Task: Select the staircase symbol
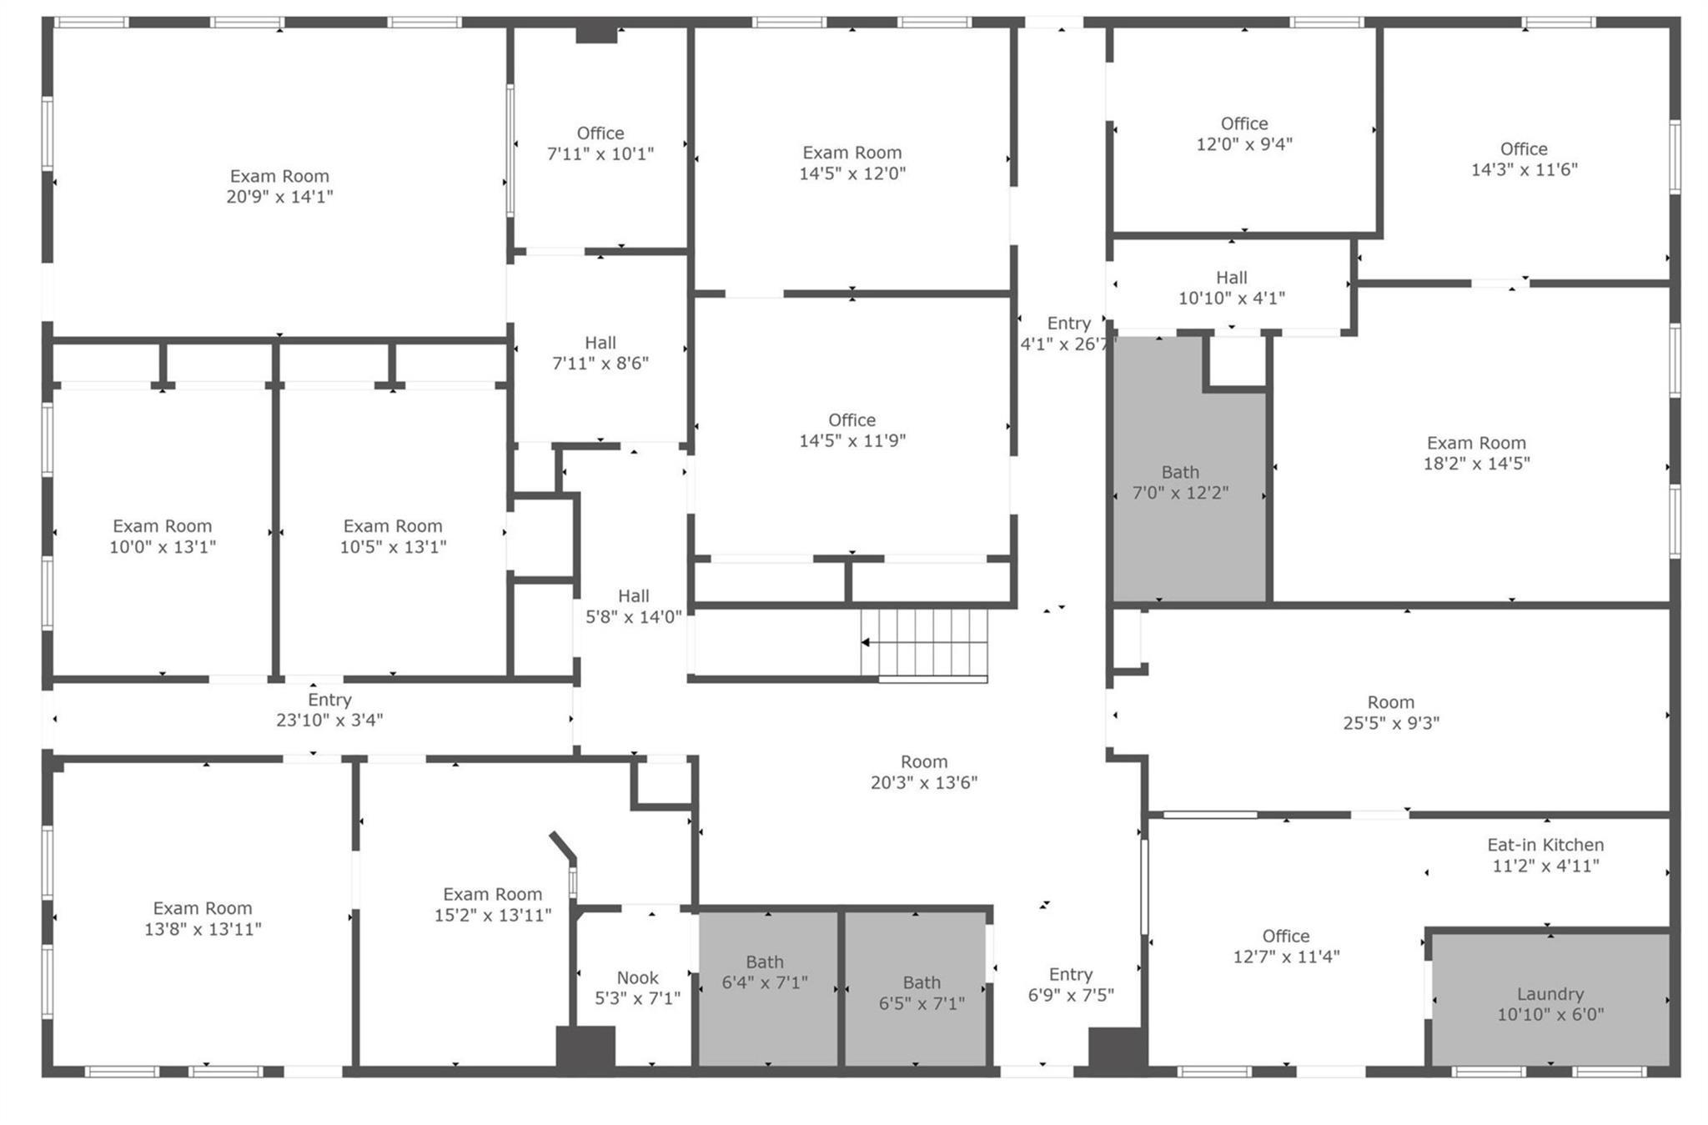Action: (x=924, y=643)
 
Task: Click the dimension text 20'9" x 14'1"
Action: (x=279, y=197)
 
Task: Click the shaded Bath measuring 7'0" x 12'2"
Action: (x=1180, y=483)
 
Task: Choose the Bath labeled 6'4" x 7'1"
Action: (x=765, y=972)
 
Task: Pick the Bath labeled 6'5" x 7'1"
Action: (x=922, y=993)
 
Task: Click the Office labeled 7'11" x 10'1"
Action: (x=600, y=143)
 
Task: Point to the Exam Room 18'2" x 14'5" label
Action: (x=1476, y=453)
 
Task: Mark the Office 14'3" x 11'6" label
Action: (x=1524, y=159)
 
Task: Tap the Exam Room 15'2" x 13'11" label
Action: (x=492, y=905)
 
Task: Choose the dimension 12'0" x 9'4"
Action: (x=1244, y=144)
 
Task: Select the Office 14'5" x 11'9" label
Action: (x=851, y=430)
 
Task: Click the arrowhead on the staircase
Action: (x=866, y=642)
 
